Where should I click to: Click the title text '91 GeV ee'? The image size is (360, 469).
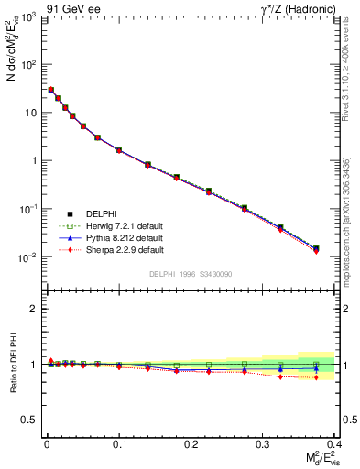pos(71,8)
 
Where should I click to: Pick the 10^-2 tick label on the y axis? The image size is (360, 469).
pos(27,257)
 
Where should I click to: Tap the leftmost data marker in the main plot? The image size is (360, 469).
pos(51,90)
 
